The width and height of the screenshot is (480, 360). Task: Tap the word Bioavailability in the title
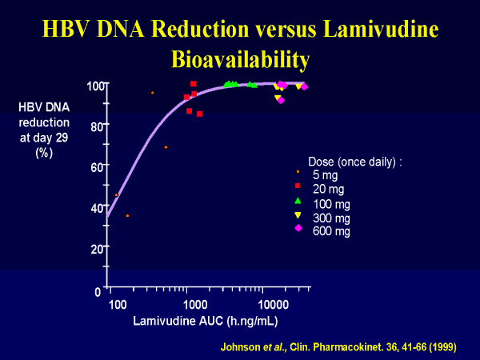coord(240,59)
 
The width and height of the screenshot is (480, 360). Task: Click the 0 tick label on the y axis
coord(98,290)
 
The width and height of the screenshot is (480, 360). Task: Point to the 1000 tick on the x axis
coord(194,305)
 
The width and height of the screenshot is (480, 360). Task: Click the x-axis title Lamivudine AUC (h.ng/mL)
coord(194,322)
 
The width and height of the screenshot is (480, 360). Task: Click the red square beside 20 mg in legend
coord(298,185)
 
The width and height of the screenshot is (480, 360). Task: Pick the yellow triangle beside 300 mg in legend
coord(298,215)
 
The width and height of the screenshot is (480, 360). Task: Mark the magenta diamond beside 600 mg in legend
coord(298,228)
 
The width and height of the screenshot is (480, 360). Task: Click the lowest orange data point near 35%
coord(127,215)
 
